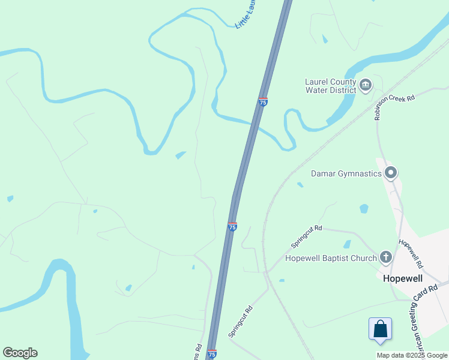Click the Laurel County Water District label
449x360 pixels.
coord(331,86)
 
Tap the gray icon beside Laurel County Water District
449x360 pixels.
coord(366,86)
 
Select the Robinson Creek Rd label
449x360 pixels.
coord(394,107)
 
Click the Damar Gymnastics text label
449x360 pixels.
coord(346,174)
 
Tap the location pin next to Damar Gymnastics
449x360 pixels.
coord(391,173)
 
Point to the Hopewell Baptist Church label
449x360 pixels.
coord(331,259)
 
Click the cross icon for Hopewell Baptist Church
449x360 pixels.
coord(385,258)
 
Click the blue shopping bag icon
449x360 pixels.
coord(380,329)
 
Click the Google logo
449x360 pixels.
coord(20,353)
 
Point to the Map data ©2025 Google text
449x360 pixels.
coord(412,355)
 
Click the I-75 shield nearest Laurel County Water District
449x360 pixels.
coord(263,102)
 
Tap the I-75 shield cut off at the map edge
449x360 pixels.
coord(211,355)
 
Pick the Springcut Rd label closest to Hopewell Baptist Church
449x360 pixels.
coord(307,237)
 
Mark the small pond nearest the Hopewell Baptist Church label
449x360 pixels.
coord(347,244)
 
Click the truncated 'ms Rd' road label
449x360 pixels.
coord(197,352)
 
